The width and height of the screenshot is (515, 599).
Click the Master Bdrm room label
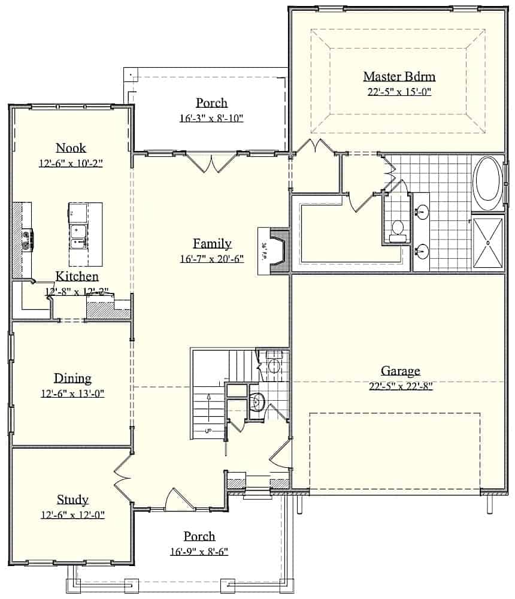[x=399, y=77]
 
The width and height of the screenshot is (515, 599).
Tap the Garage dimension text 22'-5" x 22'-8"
[x=401, y=386]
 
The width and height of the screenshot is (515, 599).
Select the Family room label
[x=212, y=243]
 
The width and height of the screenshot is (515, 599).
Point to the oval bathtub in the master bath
[x=489, y=183]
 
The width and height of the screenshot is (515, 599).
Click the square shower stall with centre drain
[x=489, y=243]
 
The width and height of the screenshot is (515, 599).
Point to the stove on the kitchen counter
[x=27, y=240]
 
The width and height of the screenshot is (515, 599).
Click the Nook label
[x=71, y=148]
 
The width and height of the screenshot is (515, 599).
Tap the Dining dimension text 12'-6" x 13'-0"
[x=72, y=394]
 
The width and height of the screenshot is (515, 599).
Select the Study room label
[x=72, y=500]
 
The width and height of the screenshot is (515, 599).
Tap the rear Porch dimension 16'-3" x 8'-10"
[x=211, y=119]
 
